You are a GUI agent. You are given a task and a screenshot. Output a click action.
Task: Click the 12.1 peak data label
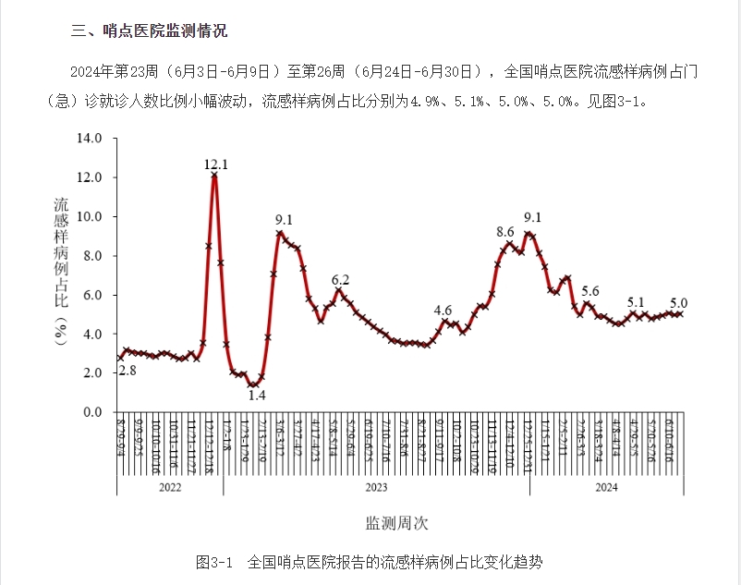tap(216, 165)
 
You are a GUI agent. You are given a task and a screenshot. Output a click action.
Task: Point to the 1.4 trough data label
tap(257, 396)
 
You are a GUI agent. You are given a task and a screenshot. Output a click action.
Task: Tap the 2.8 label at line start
tap(128, 371)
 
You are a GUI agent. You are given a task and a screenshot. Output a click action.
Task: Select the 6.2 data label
tap(340, 280)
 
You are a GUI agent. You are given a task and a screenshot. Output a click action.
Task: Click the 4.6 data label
tap(443, 311)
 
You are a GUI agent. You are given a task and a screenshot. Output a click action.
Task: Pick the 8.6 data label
tap(505, 232)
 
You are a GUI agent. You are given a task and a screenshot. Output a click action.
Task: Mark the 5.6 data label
tap(590, 291)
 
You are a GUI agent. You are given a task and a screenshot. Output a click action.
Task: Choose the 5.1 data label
tap(636, 302)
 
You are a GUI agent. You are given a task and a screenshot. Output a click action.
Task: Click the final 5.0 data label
tap(678, 302)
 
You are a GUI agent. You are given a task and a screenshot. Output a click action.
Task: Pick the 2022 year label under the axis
tap(170, 486)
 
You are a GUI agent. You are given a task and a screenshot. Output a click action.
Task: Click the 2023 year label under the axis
tap(376, 486)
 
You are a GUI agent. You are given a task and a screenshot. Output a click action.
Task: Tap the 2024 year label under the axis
tap(606, 486)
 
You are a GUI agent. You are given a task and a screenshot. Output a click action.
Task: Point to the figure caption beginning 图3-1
tap(370, 562)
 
